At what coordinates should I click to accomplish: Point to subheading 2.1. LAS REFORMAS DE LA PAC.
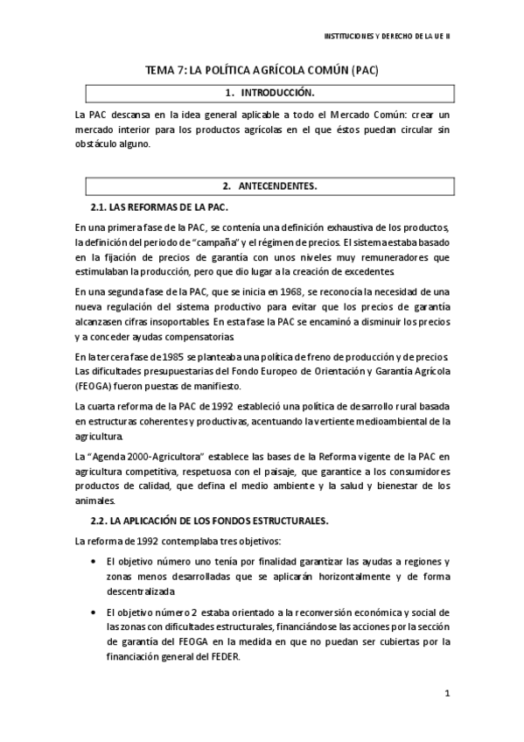pyautogui.click(x=159, y=206)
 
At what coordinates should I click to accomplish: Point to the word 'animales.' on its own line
pyautogui.click(x=95, y=501)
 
